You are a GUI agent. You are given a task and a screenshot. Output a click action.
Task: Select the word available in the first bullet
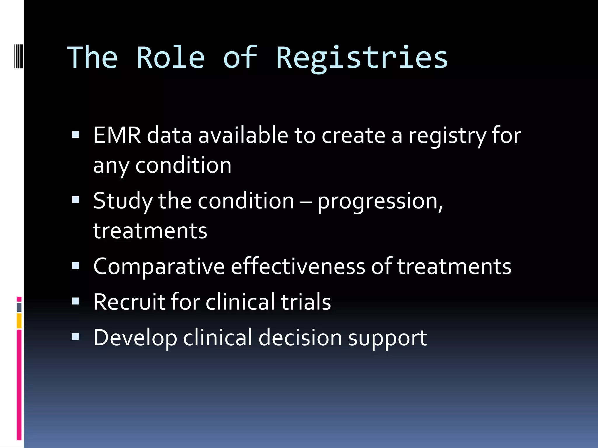pyautogui.click(x=243, y=136)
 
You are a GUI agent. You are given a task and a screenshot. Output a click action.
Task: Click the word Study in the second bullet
pyautogui.click(x=123, y=201)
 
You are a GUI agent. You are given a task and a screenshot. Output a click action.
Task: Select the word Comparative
pyautogui.click(x=159, y=267)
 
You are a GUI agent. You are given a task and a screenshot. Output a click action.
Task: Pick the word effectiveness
pyautogui.click(x=298, y=267)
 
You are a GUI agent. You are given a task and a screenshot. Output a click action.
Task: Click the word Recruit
pyautogui.click(x=129, y=302)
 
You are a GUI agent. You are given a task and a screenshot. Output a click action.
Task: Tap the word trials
pyautogui.click(x=306, y=302)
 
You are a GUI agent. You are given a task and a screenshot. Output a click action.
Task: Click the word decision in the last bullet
pyautogui.click(x=300, y=338)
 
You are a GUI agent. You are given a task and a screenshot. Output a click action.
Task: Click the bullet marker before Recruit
pyautogui.click(x=76, y=301)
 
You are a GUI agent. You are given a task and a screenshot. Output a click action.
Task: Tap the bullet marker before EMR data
pyautogui.click(x=76, y=134)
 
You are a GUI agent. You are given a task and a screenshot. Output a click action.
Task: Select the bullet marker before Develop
pyautogui.click(x=76, y=337)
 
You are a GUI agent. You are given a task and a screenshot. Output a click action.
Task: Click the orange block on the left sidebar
pyautogui.click(x=19, y=321)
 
